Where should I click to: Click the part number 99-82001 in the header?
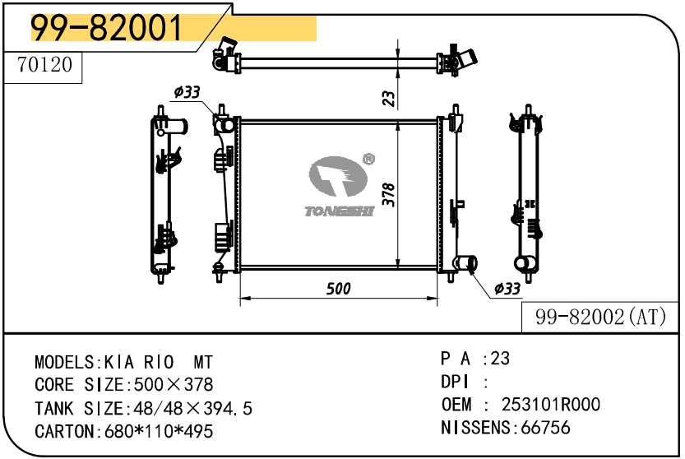click(x=106, y=27)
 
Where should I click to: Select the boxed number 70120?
click(x=44, y=65)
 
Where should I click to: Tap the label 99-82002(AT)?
click(x=600, y=317)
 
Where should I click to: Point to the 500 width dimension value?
click(x=339, y=289)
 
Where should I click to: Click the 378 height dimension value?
click(x=388, y=194)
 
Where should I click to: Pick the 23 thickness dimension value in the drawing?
click(x=388, y=99)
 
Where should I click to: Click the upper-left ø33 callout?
click(x=187, y=92)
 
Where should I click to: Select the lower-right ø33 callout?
click(x=507, y=289)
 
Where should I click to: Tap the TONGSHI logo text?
click(x=340, y=211)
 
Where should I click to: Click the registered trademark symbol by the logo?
click(x=368, y=159)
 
